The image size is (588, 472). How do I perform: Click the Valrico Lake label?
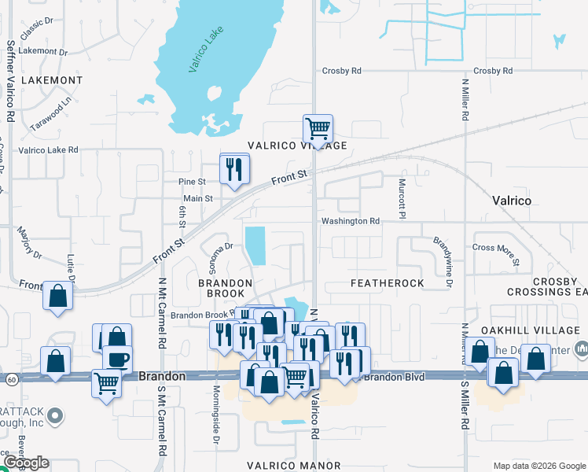207,50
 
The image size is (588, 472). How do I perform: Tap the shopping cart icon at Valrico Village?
318,127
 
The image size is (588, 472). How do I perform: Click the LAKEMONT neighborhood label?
52,80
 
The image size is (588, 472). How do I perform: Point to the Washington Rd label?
350,221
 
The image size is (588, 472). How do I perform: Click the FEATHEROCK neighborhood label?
387,282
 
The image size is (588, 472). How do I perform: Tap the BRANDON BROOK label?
225,289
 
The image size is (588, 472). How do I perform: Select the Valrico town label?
512,201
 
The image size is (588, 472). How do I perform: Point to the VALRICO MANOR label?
294,466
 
